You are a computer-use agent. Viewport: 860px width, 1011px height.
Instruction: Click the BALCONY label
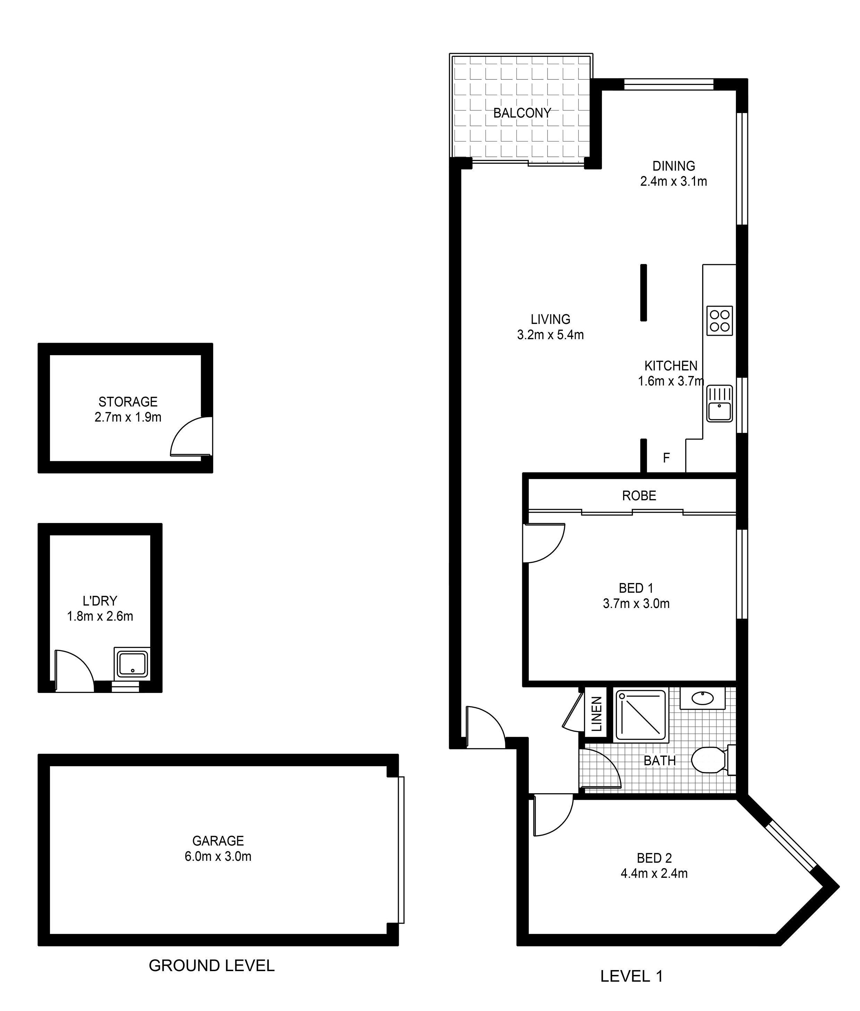pyautogui.click(x=522, y=113)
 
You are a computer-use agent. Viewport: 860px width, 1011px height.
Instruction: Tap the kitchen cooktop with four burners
pyautogui.click(x=720, y=320)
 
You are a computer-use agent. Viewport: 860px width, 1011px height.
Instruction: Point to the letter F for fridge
pyautogui.click(x=666, y=457)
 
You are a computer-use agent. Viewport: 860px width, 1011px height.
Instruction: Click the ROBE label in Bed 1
pyautogui.click(x=639, y=496)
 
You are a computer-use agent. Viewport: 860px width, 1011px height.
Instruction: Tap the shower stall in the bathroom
pyautogui.click(x=640, y=714)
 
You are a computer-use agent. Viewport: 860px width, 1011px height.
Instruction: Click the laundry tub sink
pyautogui.click(x=132, y=664)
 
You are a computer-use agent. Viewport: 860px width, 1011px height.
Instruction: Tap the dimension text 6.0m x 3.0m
pyautogui.click(x=218, y=856)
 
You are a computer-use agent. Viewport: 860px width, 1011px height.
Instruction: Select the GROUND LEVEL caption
pyautogui.click(x=212, y=965)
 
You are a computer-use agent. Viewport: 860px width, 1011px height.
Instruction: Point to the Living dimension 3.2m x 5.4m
pyautogui.click(x=550, y=335)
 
